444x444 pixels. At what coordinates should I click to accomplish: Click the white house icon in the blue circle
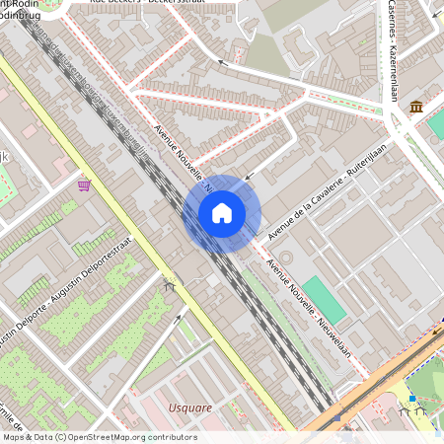[222, 213]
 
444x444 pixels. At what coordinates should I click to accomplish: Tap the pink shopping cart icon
[85, 185]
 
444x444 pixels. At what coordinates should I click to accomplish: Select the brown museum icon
[417, 106]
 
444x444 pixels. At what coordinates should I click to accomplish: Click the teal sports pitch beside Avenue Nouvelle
[324, 299]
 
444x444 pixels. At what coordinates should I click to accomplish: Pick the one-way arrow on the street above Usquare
[178, 318]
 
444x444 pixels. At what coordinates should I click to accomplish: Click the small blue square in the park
[411, 399]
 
